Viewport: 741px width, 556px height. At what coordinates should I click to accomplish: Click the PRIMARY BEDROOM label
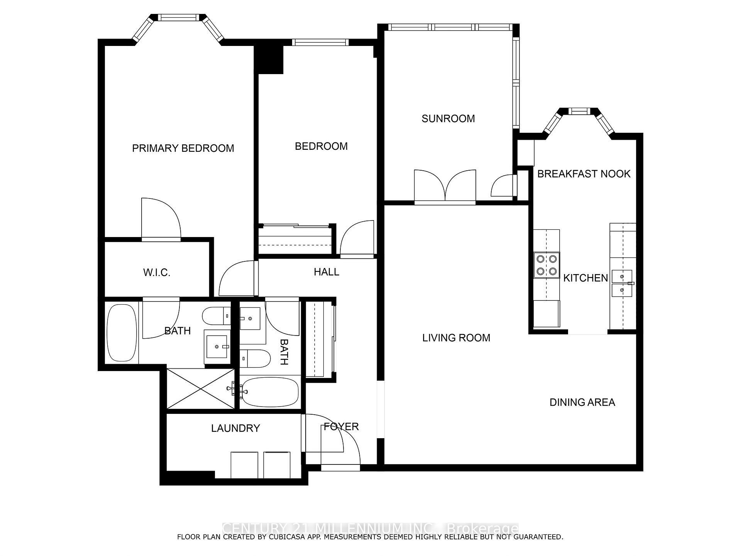[x=183, y=148]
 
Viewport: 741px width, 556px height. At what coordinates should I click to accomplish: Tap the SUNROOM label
[x=448, y=119]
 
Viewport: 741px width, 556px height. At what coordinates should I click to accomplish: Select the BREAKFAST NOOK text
[x=584, y=174]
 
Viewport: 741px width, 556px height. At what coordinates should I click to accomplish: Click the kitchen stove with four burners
[x=546, y=265]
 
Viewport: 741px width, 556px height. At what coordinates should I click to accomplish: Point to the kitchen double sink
[x=622, y=283]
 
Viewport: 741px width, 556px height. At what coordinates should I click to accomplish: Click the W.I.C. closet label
[x=157, y=273]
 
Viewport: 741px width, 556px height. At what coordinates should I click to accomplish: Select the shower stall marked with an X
[x=200, y=388]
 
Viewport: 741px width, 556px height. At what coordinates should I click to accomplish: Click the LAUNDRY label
[x=235, y=428]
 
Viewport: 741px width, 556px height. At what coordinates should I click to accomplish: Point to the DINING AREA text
[x=582, y=402]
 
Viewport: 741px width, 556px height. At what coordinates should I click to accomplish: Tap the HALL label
[x=327, y=272]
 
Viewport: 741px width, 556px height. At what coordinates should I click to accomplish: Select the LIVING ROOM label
[x=456, y=338]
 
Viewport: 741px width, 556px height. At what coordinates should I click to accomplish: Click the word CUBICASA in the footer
[x=284, y=537]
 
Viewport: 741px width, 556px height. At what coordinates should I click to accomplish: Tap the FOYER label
[x=341, y=427]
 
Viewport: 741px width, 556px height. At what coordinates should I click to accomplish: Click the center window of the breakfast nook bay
[x=579, y=111]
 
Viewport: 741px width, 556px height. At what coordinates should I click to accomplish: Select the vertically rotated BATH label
[x=284, y=352]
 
